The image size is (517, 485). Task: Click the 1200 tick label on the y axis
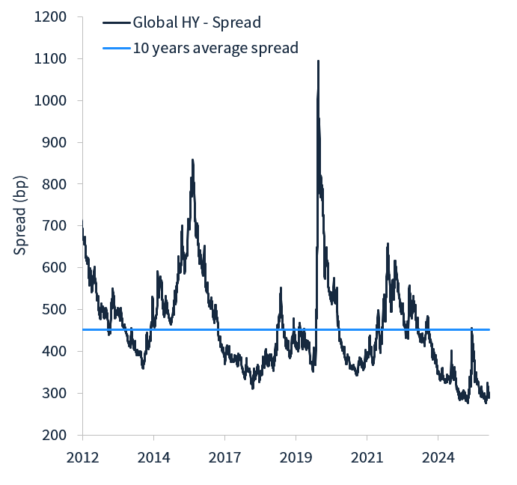click(x=51, y=16)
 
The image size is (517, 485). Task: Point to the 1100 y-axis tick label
click(x=51, y=58)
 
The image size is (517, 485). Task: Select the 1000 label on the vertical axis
click(x=51, y=100)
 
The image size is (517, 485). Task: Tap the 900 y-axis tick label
click(x=55, y=142)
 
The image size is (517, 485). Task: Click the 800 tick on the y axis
click(x=55, y=184)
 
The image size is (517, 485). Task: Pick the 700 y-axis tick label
click(x=55, y=226)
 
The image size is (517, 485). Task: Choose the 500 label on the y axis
click(x=55, y=310)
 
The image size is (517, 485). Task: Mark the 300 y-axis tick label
click(x=55, y=394)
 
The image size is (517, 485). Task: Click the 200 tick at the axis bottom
click(x=55, y=435)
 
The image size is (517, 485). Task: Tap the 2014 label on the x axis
click(x=153, y=456)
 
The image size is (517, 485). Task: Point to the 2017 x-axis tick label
click(x=224, y=456)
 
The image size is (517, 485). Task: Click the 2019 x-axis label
click(x=296, y=456)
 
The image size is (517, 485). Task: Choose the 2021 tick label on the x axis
click(x=367, y=456)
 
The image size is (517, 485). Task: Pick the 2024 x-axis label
click(x=438, y=456)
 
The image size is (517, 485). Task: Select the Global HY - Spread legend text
click(x=197, y=22)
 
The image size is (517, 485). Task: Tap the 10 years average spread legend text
click(x=215, y=48)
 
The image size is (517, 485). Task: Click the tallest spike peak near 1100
click(x=318, y=61)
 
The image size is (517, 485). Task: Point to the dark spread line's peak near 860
click(x=192, y=159)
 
